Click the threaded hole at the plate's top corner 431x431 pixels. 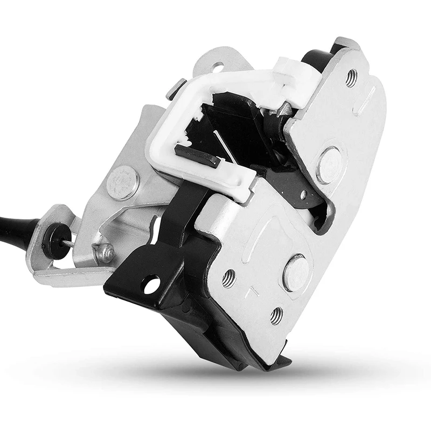pyautogui.click(x=351, y=78)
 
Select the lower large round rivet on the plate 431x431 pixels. pyautogui.click(x=296, y=273)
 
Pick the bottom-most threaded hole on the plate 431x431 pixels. pyautogui.click(x=276, y=315)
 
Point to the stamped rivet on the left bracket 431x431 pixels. pyautogui.click(x=122, y=182)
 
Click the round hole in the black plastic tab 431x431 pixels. pyautogui.click(x=151, y=284)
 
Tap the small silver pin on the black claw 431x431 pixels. pyautogui.click(x=303, y=194)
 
